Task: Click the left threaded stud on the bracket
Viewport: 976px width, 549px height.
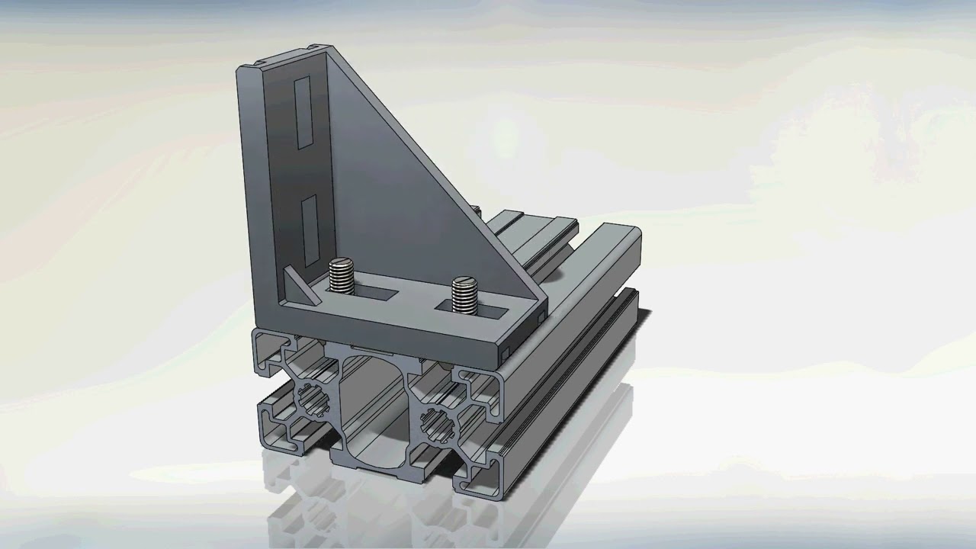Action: (x=342, y=275)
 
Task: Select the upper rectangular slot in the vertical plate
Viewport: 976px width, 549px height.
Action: (x=303, y=111)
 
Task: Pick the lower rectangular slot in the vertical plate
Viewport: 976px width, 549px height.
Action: (x=308, y=224)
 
